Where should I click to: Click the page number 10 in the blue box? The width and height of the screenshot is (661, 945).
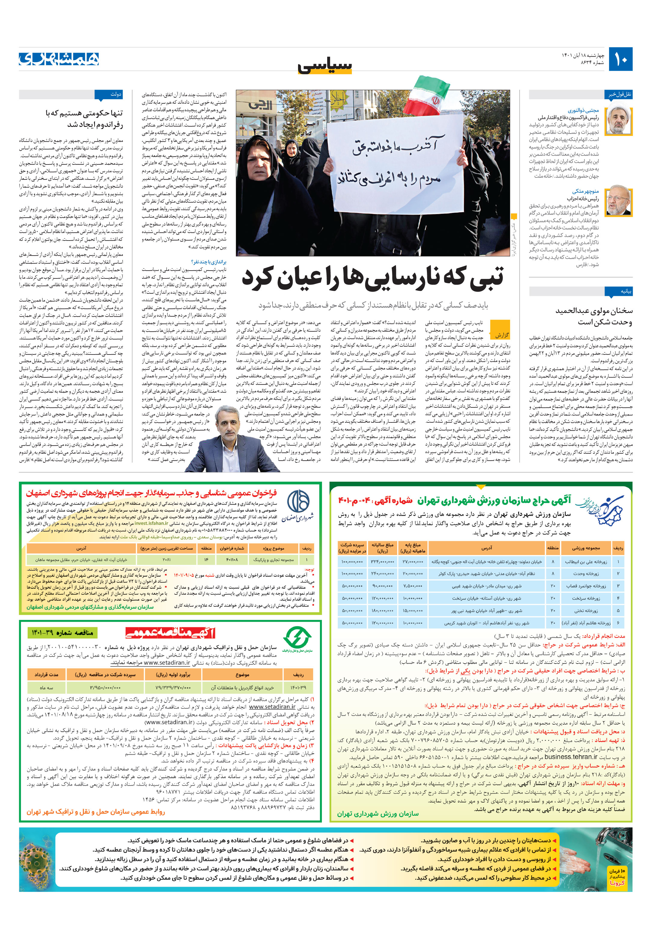621,59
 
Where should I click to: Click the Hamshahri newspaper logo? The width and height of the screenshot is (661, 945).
59,59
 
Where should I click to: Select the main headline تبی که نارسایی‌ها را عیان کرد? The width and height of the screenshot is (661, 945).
372,277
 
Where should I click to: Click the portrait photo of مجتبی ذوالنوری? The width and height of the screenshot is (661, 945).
618,121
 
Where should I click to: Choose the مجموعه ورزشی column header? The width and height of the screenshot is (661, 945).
585,548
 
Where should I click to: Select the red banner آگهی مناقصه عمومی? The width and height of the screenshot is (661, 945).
170,633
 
